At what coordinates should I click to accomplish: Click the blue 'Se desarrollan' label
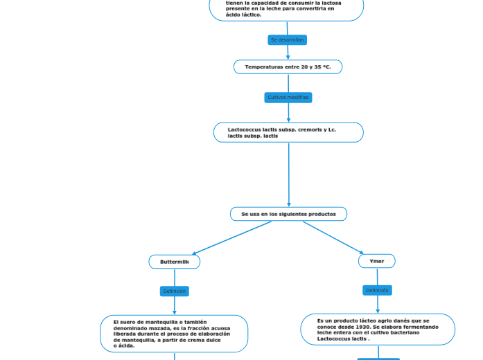tap(287, 40)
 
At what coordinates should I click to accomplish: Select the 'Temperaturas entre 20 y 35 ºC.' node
tap(288, 67)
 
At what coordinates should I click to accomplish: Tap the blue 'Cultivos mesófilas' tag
tap(288, 98)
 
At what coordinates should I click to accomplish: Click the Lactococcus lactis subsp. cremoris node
tap(288, 132)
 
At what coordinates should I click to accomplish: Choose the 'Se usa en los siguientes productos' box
tap(288, 214)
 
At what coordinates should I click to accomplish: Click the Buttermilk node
tap(175, 262)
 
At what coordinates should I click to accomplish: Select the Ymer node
tap(377, 261)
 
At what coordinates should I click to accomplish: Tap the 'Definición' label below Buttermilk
tap(175, 291)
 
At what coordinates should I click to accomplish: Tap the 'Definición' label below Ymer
tap(377, 291)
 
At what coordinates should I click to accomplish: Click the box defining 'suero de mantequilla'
tap(174, 334)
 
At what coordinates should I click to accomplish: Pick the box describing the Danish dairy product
tap(378, 330)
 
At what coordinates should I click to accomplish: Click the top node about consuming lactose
tap(286, 9)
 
